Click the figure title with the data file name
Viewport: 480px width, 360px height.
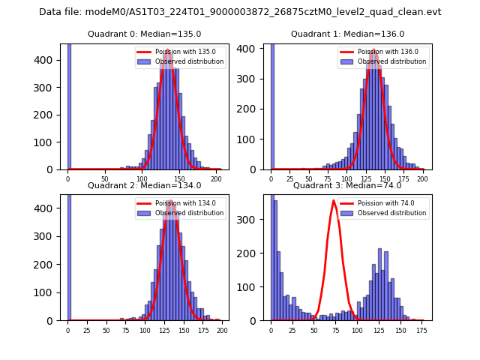coord(240,12)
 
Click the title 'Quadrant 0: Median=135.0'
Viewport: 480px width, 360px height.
coord(145,34)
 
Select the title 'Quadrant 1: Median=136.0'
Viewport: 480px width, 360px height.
coord(347,34)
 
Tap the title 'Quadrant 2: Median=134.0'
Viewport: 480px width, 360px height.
coord(145,185)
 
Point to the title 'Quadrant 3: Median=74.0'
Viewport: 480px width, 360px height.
coord(347,185)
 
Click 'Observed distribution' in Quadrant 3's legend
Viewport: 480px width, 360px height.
coord(386,213)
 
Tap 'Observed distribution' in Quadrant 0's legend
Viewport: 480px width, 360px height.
coord(184,61)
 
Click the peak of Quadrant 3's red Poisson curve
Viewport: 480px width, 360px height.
coord(334,200)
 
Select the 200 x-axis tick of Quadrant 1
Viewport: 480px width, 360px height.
coord(423,180)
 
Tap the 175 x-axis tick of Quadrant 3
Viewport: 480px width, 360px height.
coord(421,331)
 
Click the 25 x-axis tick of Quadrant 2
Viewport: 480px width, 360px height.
coord(87,331)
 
